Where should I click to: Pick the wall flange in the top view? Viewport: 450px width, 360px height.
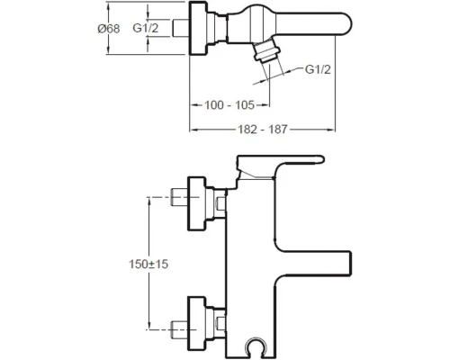coord(200,28)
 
